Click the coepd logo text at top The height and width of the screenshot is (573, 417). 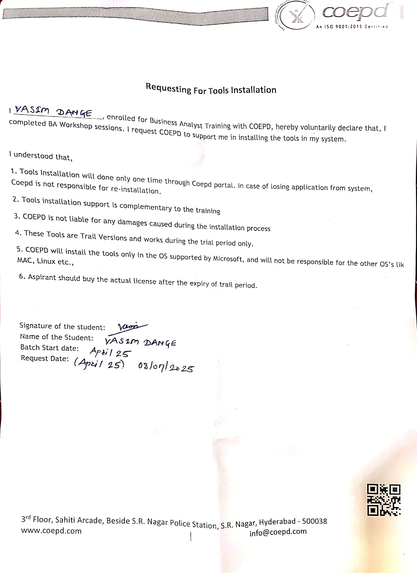pos(354,11)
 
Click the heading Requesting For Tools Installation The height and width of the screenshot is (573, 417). pos(211,89)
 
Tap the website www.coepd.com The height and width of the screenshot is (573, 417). pos(51,531)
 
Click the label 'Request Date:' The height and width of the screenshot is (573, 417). pos(45,358)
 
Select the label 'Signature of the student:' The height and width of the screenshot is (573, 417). pos(62,326)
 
